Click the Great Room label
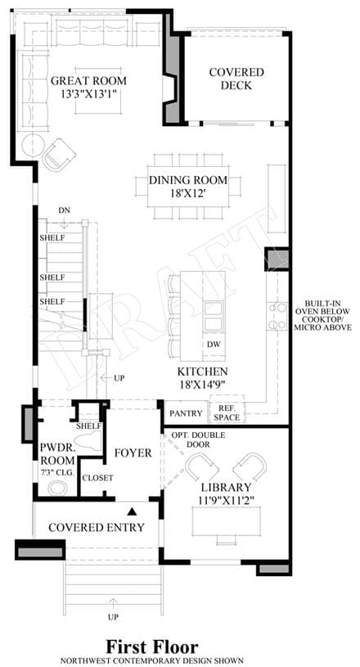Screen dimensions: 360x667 (x=88, y=87)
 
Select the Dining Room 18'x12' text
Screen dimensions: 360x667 (x=188, y=187)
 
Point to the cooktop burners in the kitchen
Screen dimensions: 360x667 (x=277, y=315)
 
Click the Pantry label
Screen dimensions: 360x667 (x=186, y=413)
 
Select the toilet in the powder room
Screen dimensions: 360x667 (x=88, y=441)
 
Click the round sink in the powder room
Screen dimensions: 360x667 (x=58, y=488)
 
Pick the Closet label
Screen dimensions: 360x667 (x=97, y=478)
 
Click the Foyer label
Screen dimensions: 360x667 (x=133, y=453)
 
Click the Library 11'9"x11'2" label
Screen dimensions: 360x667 (x=226, y=493)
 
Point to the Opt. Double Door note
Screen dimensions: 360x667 (x=199, y=439)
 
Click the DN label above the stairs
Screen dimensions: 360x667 (x=65, y=210)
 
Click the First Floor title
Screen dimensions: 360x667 (x=152, y=647)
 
